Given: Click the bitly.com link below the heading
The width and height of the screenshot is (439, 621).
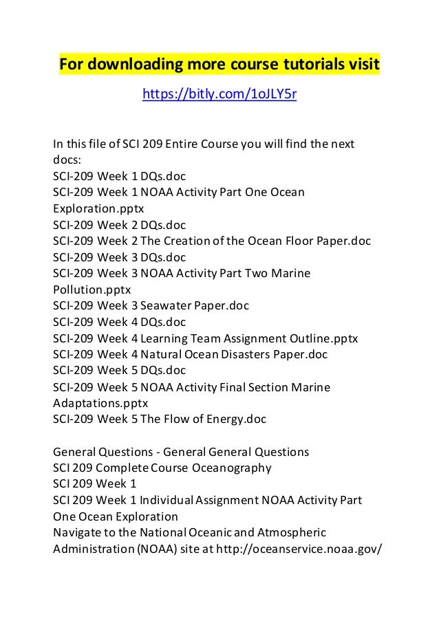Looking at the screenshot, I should tap(219, 94).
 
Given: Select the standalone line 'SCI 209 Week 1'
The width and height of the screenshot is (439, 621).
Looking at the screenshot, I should tap(95, 485).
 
